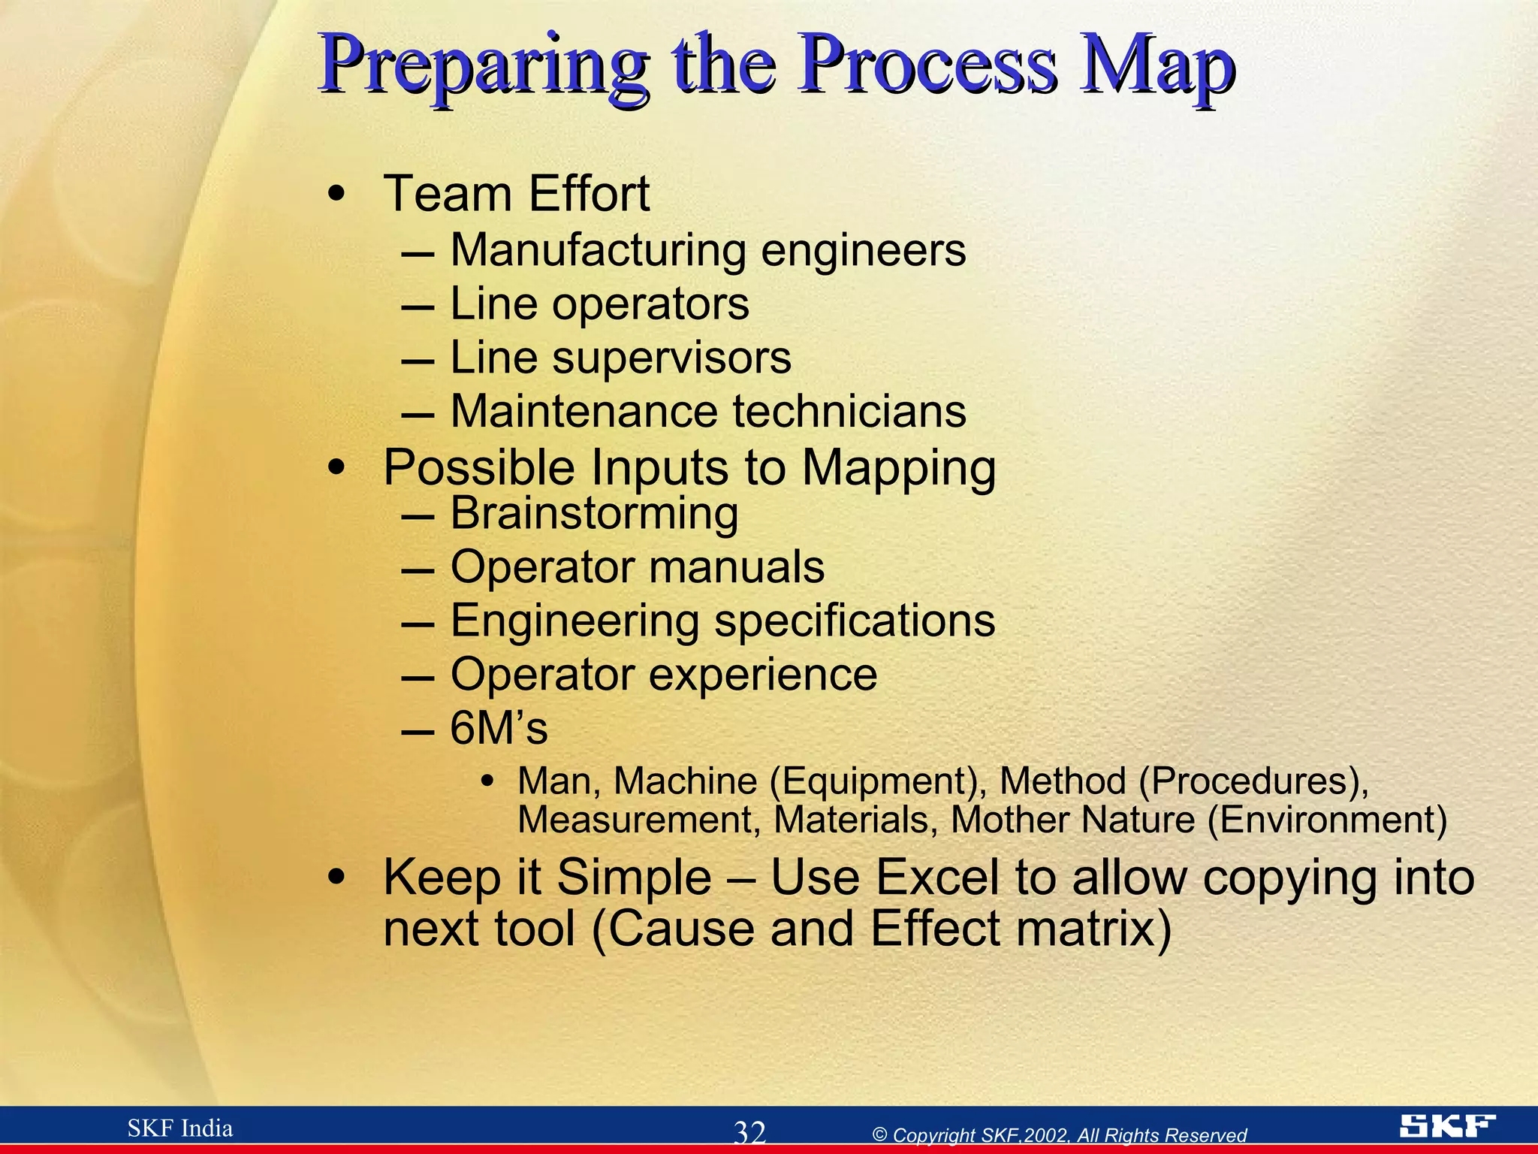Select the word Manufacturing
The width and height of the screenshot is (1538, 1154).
click(x=598, y=250)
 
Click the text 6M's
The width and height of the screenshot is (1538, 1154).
click(x=499, y=729)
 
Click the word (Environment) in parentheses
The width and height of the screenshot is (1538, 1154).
click(x=1326, y=820)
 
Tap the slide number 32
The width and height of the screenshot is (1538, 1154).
click(x=749, y=1132)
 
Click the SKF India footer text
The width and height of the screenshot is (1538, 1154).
click(x=180, y=1128)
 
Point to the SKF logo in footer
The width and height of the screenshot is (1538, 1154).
click(x=1447, y=1126)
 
